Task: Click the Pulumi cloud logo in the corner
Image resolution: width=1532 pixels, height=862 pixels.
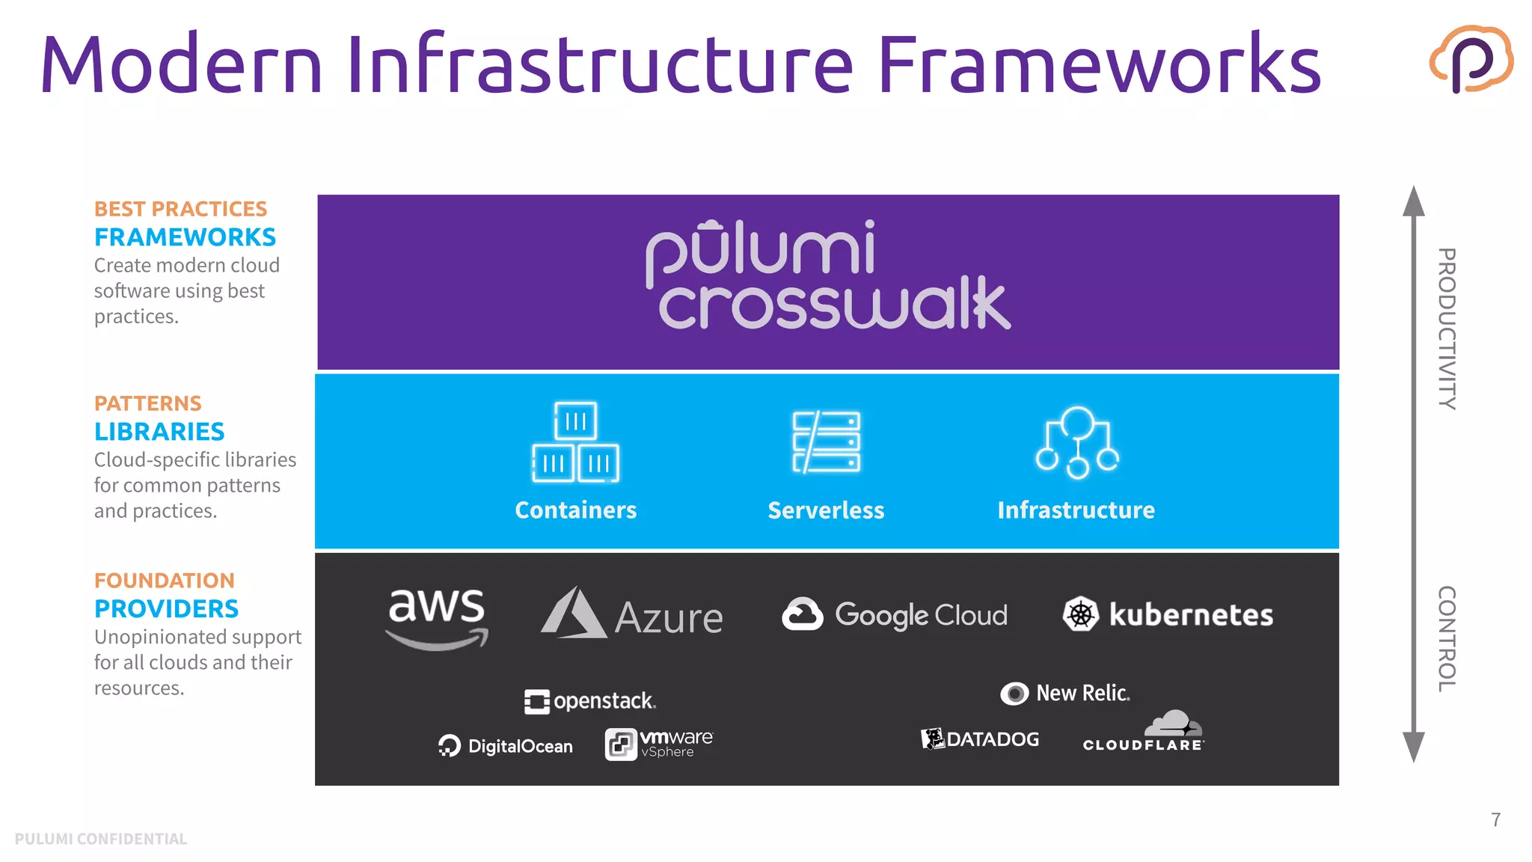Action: click(x=1471, y=59)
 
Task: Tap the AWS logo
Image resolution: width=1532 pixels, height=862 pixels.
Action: click(x=438, y=617)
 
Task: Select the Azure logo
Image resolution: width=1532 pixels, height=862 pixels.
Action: click(x=632, y=614)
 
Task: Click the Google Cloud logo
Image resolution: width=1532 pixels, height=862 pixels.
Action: click(x=895, y=614)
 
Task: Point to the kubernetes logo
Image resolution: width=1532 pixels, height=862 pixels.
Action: click(x=1168, y=614)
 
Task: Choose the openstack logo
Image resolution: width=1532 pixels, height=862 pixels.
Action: click(x=589, y=701)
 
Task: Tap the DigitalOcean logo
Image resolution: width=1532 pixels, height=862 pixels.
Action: click(x=506, y=745)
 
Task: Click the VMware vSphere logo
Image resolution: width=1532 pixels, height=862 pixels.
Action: click(x=659, y=744)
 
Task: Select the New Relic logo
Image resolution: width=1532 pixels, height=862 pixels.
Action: click(x=1065, y=694)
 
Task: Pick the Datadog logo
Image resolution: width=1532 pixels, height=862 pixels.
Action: click(x=980, y=739)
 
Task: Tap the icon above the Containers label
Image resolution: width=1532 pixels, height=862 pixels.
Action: click(x=575, y=441)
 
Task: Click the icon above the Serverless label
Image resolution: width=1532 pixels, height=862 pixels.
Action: click(x=826, y=441)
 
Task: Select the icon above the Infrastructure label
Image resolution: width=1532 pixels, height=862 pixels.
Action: click(x=1076, y=441)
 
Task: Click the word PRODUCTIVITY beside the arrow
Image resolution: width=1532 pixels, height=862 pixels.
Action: click(x=1447, y=328)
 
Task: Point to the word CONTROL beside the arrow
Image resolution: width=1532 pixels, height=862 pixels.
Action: click(x=1447, y=638)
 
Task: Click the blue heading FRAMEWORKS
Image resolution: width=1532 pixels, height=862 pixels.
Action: click(x=185, y=237)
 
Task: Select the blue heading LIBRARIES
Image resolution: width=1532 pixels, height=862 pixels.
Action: click(x=159, y=432)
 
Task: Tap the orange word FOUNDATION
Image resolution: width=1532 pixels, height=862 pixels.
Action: click(x=165, y=581)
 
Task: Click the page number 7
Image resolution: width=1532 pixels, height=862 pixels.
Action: click(x=1495, y=820)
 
